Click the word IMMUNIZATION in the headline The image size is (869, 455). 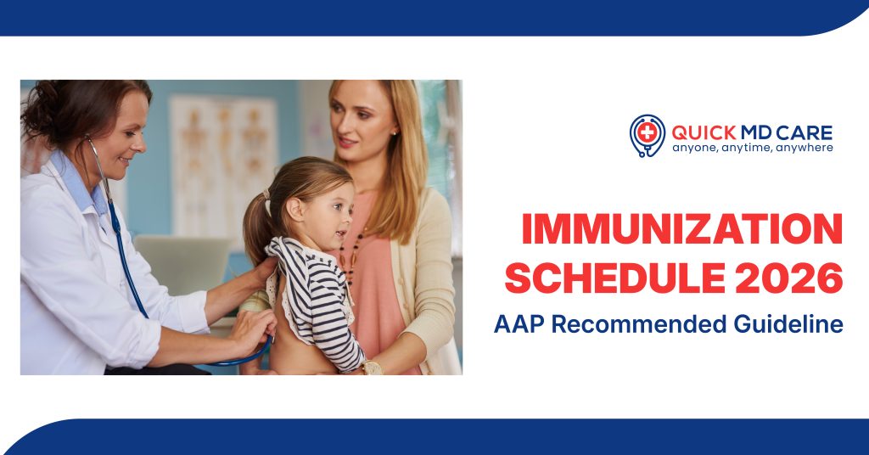pyautogui.click(x=681, y=231)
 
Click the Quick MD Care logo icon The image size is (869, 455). pyautogui.click(x=648, y=134)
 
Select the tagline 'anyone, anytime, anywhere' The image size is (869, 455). pyautogui.click(x=753, y=148)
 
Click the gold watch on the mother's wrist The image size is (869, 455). pyautogui.click(x=371, y=368)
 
